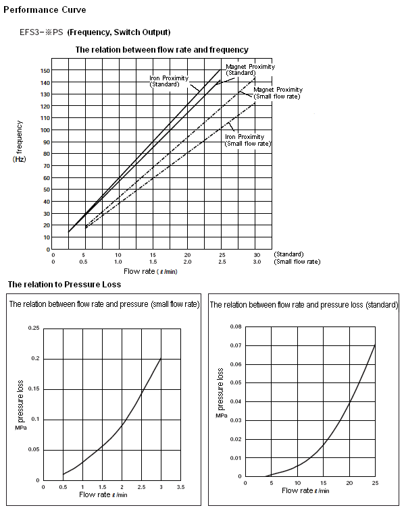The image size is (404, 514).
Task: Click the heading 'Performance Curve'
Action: (45, 10)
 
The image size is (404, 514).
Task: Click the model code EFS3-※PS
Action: (41, 32)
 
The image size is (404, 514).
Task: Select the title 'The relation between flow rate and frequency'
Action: (161, 50)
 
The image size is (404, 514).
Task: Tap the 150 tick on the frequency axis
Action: (45, 71)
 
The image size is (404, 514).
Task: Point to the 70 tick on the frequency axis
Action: (47, 166)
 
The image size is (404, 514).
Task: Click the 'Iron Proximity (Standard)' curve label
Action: (169, 81)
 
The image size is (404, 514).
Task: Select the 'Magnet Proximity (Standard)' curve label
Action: (250, 69)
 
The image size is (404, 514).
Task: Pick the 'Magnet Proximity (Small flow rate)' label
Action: (278, 93)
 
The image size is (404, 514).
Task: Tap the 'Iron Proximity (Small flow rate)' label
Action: (248, 140)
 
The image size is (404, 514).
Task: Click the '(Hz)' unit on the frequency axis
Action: (19, 159)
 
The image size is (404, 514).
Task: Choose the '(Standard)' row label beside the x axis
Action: (288, 254)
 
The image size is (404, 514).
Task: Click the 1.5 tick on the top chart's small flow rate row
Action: (153, 262)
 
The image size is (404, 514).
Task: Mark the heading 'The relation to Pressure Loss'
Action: (64, 284)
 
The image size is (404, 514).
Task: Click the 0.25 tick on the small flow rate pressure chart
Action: (34, 328)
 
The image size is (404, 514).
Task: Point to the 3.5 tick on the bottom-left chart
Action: (181, 487)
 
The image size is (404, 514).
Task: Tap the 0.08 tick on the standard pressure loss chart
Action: (236, 326)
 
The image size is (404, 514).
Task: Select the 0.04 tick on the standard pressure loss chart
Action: (236, 401)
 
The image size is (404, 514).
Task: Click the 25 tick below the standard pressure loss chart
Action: (375, 483)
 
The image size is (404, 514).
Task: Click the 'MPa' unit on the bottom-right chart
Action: (221, 416)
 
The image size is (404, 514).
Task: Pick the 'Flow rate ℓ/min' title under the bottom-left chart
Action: (103, 494)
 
